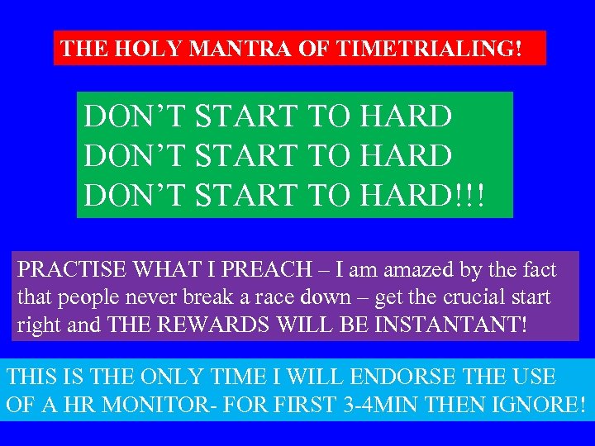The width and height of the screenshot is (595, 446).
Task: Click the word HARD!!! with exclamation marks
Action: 424,196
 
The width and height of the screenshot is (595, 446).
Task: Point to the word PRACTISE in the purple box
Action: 69,269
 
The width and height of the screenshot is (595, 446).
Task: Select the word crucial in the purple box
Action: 459,297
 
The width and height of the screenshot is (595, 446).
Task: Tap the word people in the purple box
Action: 90,297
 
